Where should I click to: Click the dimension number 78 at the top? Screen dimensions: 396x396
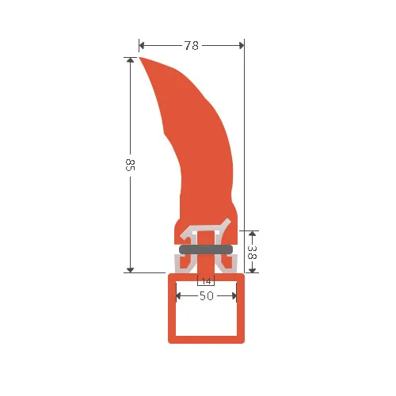[x=191, y=45]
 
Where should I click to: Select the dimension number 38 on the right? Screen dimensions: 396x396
[x=251, y=253]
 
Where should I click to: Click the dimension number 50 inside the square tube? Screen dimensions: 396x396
[x=206, y=296]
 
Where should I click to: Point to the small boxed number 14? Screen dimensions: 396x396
[x=206, y=281]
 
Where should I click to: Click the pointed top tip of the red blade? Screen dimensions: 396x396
[x=141, y=58]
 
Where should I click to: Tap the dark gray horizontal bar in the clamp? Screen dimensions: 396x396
[x=206, y=249]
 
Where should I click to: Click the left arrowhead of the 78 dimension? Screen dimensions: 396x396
[x=143, y=45]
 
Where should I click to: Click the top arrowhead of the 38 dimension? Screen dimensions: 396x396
[x=251, y=234]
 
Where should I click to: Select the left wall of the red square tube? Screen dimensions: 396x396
[x=172, y=309]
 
